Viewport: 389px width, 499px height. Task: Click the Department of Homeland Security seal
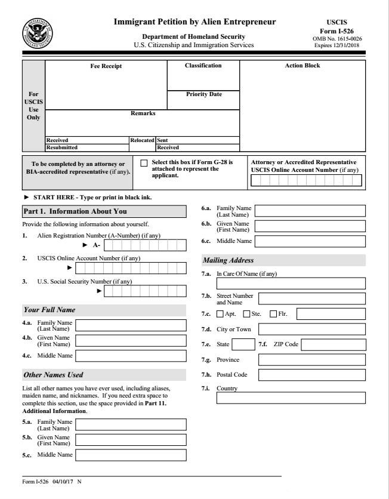tap(37, 33)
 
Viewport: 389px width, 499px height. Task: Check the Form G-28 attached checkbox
tap(144, 163)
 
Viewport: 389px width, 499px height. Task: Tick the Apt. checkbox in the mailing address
tap(220, 314)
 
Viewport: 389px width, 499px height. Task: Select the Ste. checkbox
tap(246, 314)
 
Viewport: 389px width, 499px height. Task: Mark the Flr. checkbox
tap(273, 314)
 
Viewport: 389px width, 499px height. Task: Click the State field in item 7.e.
tap(243, 344)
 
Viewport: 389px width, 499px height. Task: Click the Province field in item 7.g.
tap(311, 360)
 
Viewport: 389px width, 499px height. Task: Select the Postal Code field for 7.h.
tap(311, 375)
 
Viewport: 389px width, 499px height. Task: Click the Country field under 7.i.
tap(291, 398)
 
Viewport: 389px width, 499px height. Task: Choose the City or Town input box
tap(311, 329)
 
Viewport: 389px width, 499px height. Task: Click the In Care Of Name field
tap(291, 284)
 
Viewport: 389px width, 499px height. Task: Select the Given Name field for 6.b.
tap(310, 226)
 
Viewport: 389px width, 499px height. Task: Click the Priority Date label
tap(203, 94)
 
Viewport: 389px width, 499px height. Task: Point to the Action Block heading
tap(302, 66)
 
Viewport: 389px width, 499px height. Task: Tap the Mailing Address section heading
tap(229, 260)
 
